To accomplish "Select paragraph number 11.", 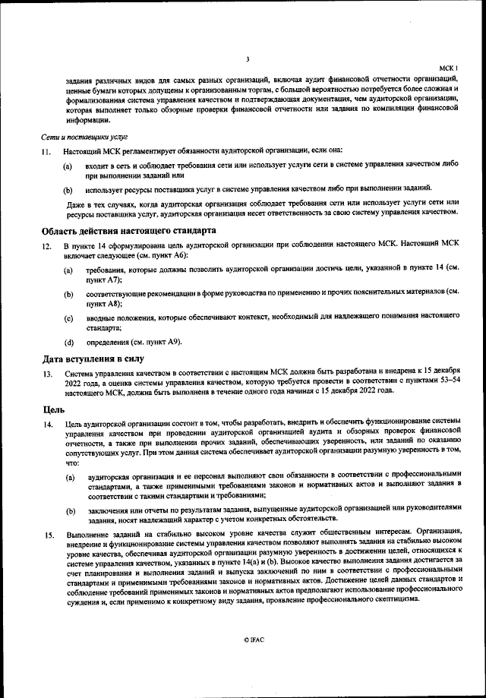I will (47, 151).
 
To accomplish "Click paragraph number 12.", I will (47, 247).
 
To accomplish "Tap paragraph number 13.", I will (47, 374).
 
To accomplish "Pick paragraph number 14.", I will (47, 424).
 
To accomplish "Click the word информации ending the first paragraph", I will (87, 120).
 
